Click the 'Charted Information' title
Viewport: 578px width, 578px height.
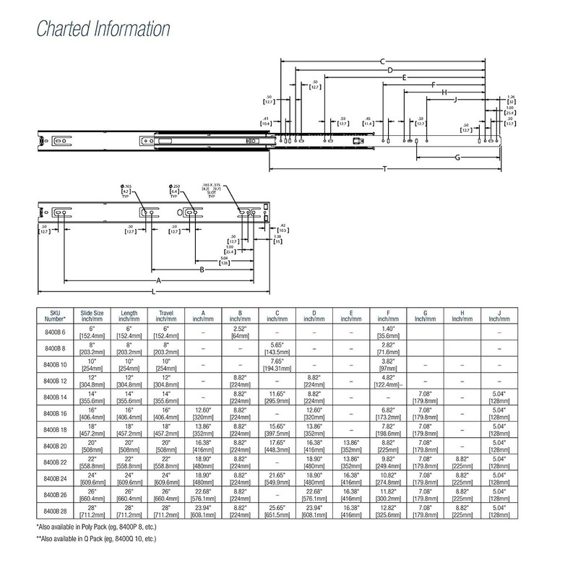[x=103, y=30]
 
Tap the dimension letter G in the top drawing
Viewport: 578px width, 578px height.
[x=457, y=157]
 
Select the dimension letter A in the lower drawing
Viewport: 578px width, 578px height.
[x=157, y=279]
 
